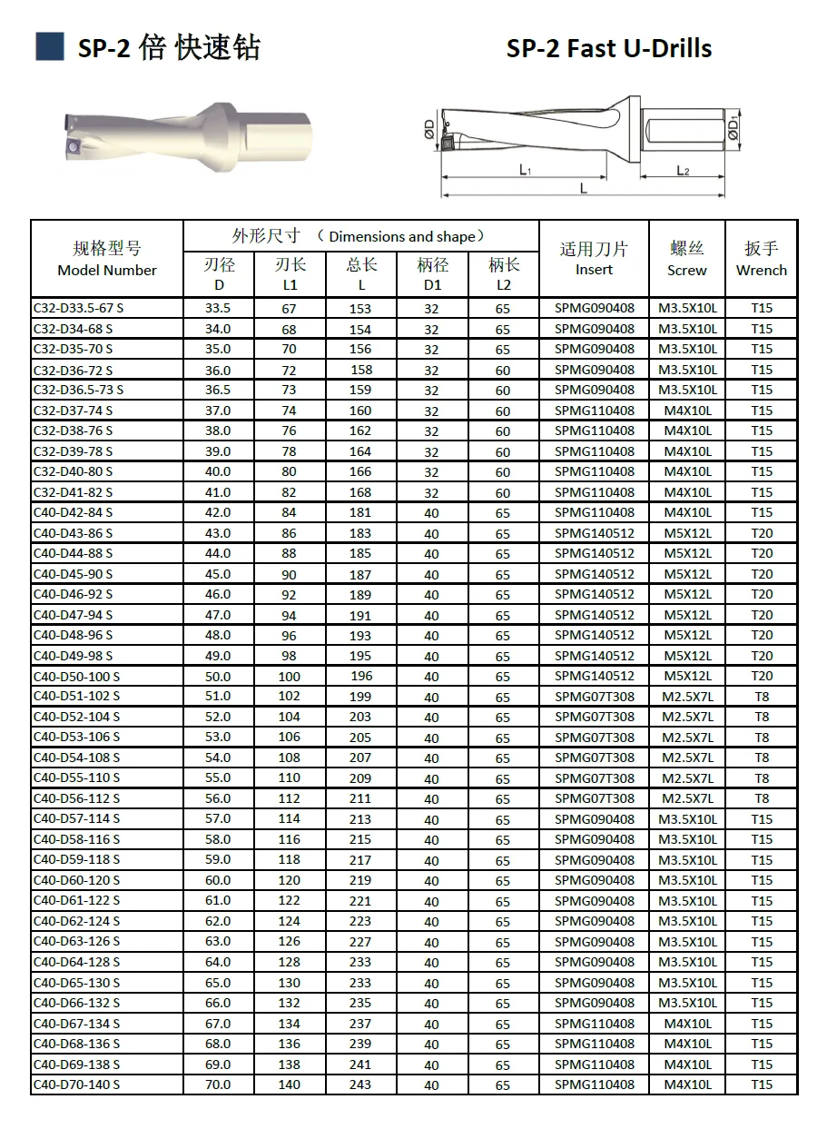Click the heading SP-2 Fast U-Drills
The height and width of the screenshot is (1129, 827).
pos(608,49)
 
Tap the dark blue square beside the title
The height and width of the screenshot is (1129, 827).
pos(49,46)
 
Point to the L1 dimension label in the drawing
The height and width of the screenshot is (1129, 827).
pos(525,170)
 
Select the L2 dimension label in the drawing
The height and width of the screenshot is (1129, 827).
pos(683,170)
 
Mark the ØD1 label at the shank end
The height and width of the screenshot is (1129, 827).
pos(733,128)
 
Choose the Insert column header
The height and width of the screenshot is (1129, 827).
pos(594,259)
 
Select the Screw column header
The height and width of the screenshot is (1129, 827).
pos(686,259)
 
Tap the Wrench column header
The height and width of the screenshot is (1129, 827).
pos(761,259)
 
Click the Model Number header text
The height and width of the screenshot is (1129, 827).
pos(107,270)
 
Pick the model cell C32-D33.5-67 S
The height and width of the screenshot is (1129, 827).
pos(78,308)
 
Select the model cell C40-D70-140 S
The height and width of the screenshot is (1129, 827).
pos(76,1084)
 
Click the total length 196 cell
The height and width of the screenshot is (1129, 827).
pos(360,676)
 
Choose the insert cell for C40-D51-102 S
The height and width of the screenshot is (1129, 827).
pos(595,697)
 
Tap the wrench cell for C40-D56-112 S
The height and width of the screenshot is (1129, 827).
pos(762,798)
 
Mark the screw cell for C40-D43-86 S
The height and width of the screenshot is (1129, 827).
pos(687,533)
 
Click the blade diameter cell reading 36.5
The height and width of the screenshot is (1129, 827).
pos(218,390)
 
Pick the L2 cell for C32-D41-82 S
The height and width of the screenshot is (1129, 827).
pos(503,492)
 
